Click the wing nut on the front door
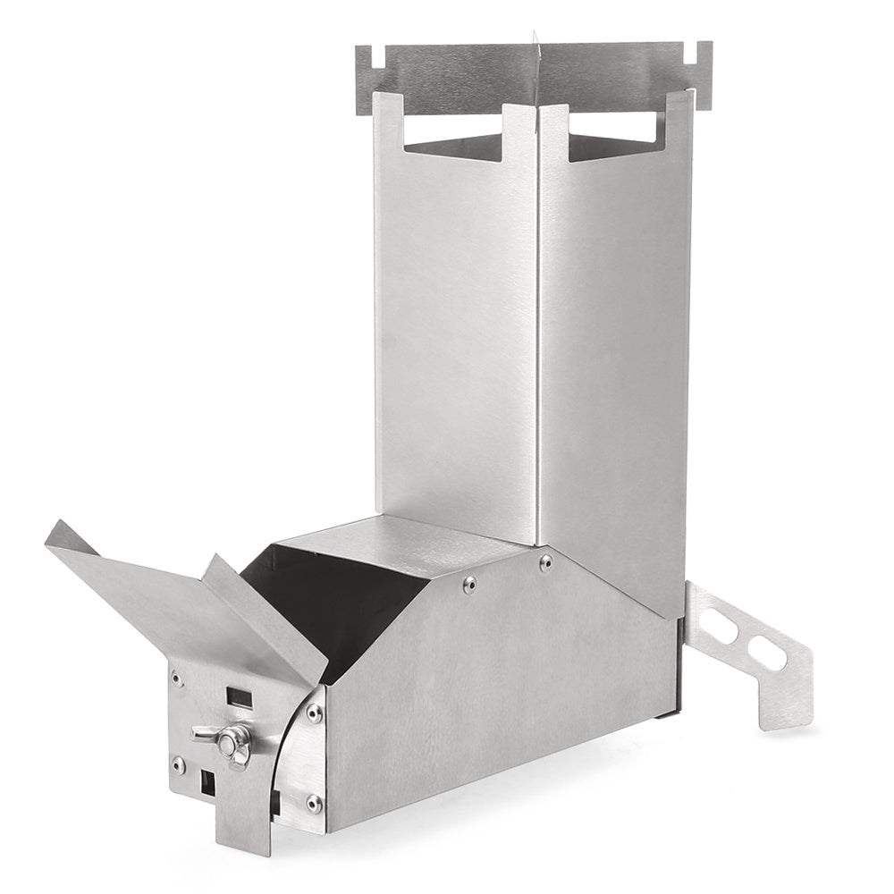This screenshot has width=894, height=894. pos(227,737)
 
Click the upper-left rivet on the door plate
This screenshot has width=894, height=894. pos(178,679)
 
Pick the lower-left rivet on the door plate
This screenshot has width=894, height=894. pos(179,766)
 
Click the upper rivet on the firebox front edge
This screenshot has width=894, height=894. pos(315,713)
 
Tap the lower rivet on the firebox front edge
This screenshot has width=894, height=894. pos(313,804)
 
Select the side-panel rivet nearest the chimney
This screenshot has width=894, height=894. pos(544,563)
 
